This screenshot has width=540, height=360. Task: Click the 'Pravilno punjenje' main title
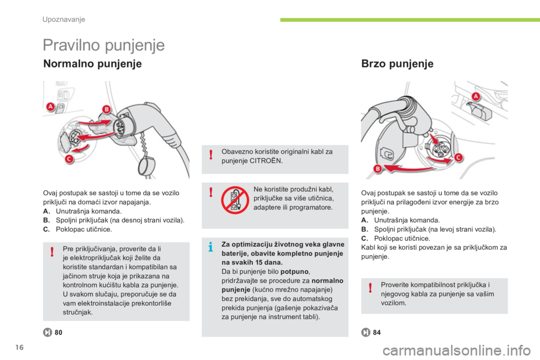103,46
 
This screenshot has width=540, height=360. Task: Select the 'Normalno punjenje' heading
93,64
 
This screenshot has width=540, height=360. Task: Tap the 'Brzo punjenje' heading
398,64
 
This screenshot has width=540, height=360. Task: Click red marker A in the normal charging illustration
50,106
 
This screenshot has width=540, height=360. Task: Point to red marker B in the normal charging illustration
106,109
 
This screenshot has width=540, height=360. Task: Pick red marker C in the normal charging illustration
69,159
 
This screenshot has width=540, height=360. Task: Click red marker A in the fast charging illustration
476,96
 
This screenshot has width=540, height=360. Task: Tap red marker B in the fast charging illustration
378,168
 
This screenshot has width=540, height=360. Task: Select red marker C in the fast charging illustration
458,157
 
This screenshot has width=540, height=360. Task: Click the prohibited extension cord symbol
235,200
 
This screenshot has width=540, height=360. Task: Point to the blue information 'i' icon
211,247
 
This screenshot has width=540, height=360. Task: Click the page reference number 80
58,332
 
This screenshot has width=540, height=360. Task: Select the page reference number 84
377,332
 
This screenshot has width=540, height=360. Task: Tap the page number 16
20,347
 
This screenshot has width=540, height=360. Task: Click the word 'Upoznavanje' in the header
64,19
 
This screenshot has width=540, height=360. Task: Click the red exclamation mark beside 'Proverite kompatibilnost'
370,287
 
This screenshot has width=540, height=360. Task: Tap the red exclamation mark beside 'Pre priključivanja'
52,252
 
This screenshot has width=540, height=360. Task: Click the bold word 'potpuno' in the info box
294,272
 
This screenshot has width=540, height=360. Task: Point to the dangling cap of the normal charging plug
147,165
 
